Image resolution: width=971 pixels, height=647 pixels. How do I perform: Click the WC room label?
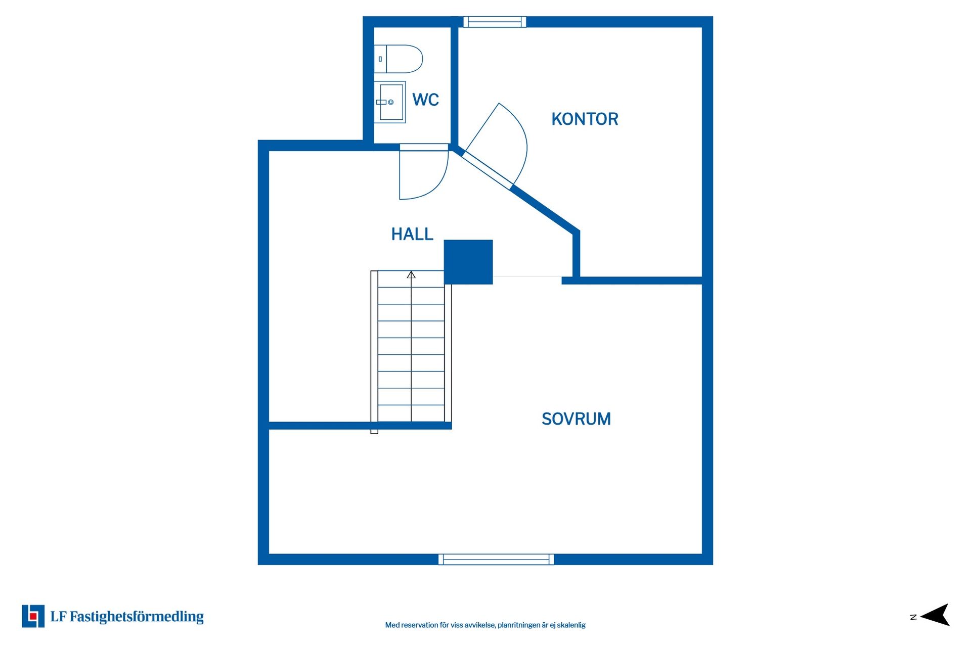(x=425, y=100)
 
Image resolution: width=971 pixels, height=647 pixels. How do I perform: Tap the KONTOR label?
(x=585, y=119)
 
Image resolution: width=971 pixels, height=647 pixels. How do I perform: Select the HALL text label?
(x=412, y=234)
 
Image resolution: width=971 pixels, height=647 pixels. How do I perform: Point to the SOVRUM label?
(x=576, y=419)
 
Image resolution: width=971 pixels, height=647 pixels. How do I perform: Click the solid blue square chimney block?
(x=468, y=262)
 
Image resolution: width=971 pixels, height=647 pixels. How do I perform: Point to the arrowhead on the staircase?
(x=411, y=275)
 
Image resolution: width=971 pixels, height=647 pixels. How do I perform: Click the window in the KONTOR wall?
(x=495, y=22)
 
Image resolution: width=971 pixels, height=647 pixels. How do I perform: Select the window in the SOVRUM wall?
(x=496, y=559)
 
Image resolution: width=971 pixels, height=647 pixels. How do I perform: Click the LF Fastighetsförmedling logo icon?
(x=33, y=616)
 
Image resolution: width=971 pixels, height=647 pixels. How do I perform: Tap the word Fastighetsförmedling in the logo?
(x=137, y=617)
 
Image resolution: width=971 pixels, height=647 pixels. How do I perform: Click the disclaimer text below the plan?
(x=485, y=625)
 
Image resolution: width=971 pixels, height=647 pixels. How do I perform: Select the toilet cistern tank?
(x=380, y=59)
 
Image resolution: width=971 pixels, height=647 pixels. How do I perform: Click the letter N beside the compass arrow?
(x=913, y=617)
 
